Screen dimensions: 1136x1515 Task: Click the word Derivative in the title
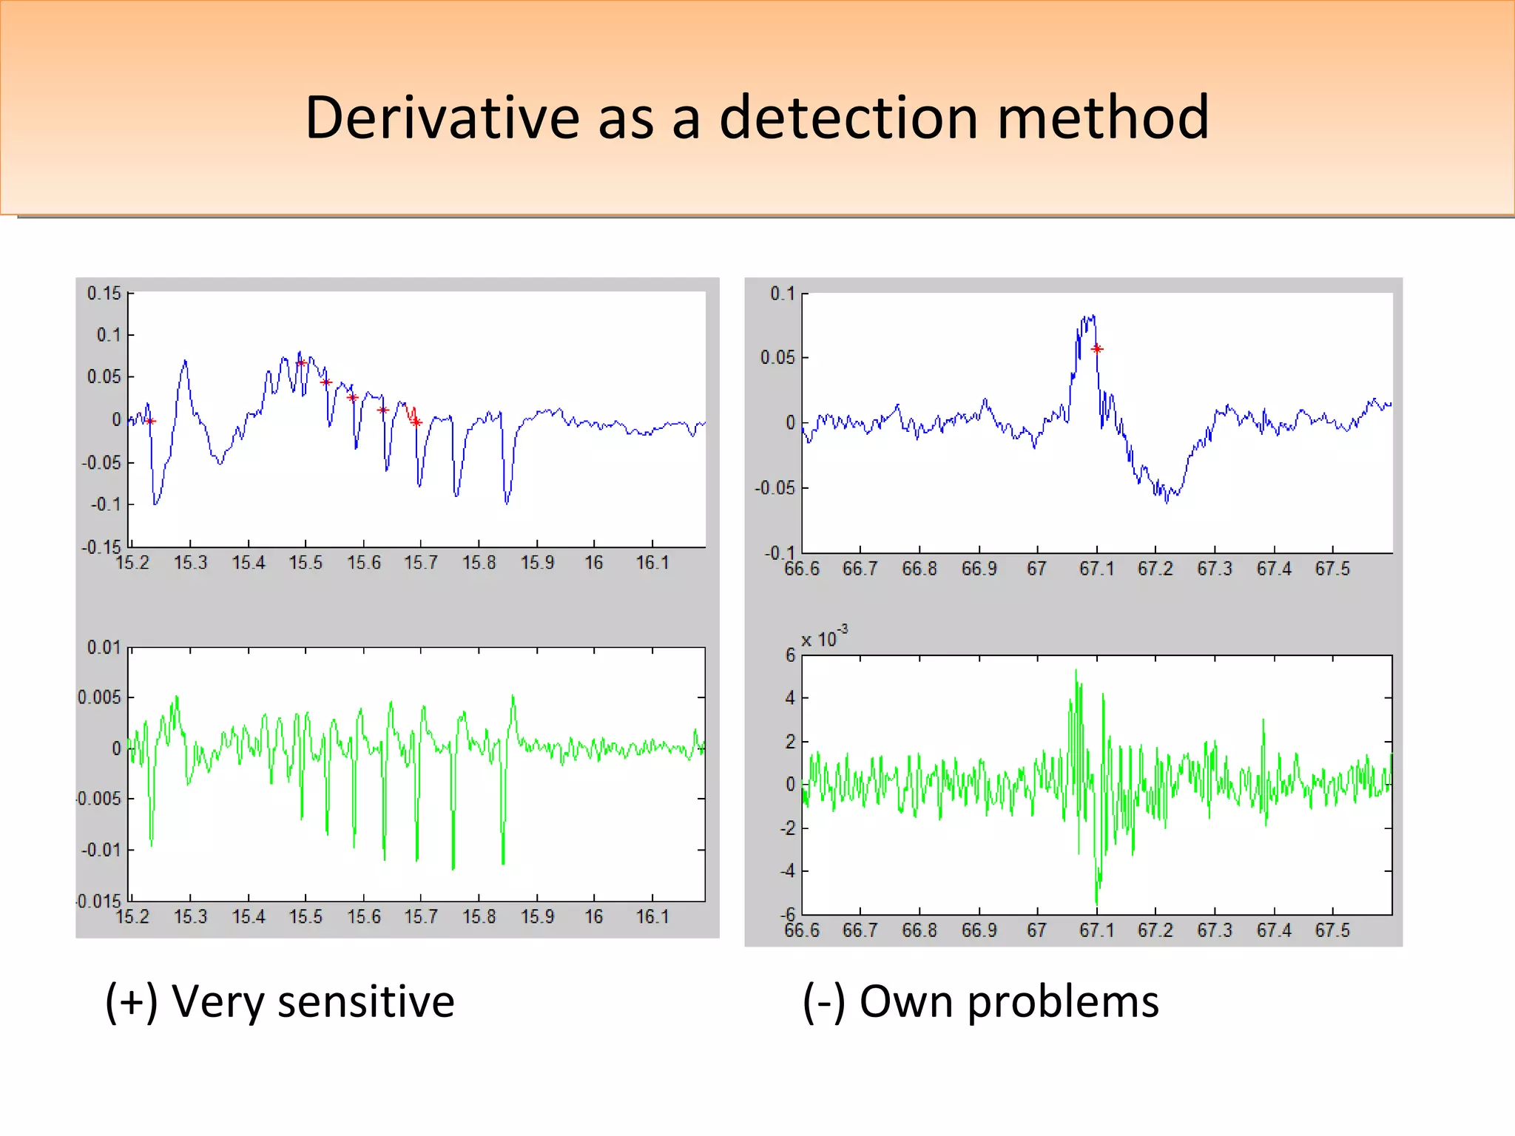(x=442, y=118)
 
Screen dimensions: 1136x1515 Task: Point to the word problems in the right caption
(x=1063, y=1004)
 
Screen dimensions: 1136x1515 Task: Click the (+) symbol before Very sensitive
(x=131, y=1002)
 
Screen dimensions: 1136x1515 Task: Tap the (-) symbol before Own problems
(x=823, y=1002)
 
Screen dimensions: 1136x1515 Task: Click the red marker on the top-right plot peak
(x=1097, y=349)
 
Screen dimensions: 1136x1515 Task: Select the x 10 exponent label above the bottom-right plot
(x=823, y=638)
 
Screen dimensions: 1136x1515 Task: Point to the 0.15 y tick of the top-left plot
(x=104, y=294)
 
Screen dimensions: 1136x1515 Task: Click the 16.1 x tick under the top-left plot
(x=652, y=564)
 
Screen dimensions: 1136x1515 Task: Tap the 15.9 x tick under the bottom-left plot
(x=537, y=917)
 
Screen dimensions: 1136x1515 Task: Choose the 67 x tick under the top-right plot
(x=1036, y=569)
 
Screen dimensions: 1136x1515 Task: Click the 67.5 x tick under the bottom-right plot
(x=1332, y=930)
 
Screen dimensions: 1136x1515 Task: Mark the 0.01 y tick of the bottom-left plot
(x=104, y=648)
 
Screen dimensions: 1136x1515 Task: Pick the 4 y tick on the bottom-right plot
(x=790, y=698)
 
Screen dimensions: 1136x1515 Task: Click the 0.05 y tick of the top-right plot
(x=777, y=358)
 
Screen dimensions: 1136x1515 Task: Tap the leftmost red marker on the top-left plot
(x=150, y=422)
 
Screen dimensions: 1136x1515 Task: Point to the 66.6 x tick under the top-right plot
(x=802, y=569)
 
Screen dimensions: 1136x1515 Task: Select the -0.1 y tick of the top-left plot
(x=105, y=504)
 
